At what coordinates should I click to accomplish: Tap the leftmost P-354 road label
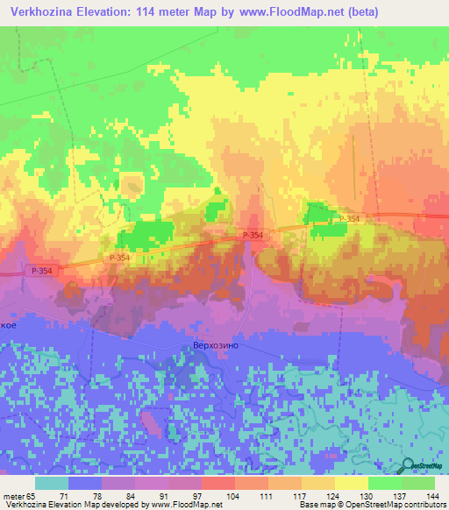[x=39, y=271]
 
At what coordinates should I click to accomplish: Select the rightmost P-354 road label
[x=347, y=218]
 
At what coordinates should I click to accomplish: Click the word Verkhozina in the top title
[x=41, y=12]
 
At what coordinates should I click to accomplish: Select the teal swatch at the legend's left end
[x=52, y=483]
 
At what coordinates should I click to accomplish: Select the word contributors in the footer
[x=424, y=505]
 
